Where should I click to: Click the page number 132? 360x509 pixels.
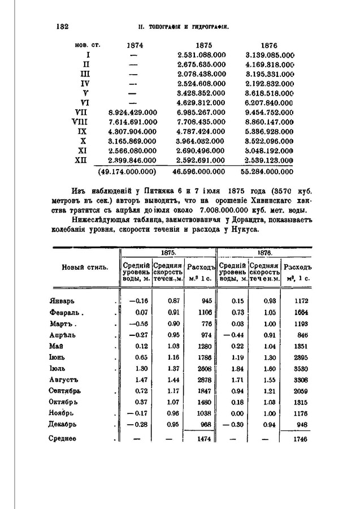[x=62, y=27]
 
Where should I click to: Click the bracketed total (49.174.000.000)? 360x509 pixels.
[x=127, y=170]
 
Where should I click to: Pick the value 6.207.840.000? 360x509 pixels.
[x=271, y=102]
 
